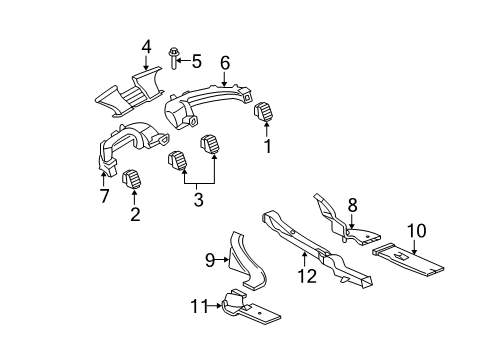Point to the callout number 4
click(146, 46)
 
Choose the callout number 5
click(197, 61)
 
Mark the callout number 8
click(352, 205)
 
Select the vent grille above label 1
click(267, 113)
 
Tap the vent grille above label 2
click(132, 180)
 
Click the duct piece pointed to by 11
click(250, 310)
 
